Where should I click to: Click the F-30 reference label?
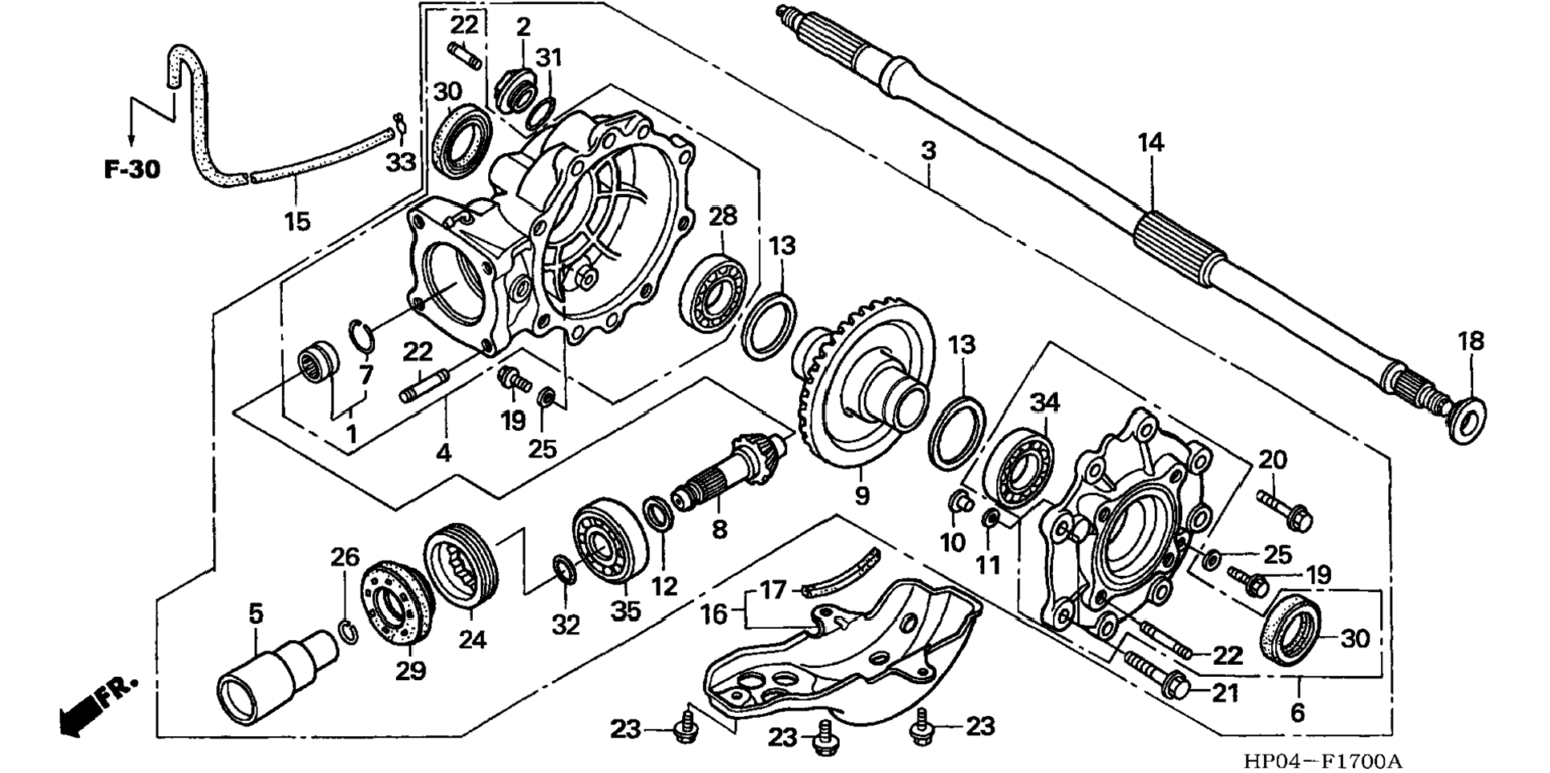(x=132, y=170)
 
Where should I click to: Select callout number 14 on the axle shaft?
(x=1151, y=143)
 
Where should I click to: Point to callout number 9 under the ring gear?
(x=862, y=496)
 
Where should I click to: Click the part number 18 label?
(x=1471, y=341)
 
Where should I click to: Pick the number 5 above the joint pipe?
(x=256, y=614)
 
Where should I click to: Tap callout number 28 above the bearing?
(x=722, y=216)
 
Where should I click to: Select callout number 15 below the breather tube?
(x=297, y=221)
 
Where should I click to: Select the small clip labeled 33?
(x=399, y=125)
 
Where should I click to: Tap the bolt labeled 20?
(x=1287, y=509)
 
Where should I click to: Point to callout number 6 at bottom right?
(x=1298, y=711)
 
